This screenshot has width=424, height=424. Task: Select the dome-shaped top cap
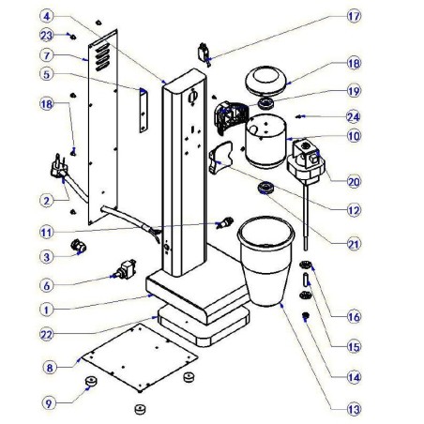266,79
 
